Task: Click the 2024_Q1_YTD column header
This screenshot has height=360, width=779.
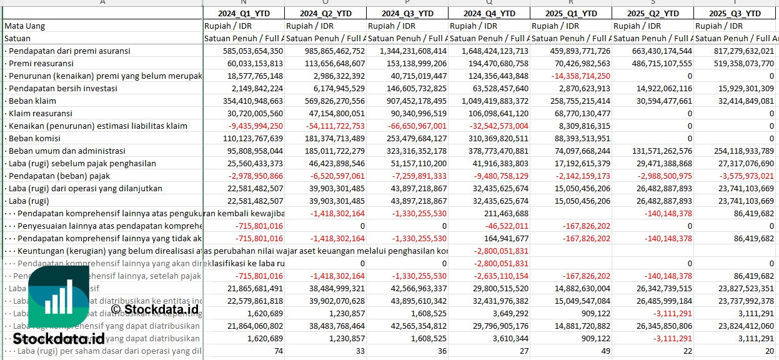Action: (243, 13)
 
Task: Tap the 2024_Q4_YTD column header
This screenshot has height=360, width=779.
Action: (489, 13)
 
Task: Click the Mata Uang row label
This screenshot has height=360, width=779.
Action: (25, 26)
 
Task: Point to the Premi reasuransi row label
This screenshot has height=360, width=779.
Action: (41, 63)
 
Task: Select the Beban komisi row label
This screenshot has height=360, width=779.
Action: (34, 138)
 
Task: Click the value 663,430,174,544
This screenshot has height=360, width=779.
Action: (653, 51)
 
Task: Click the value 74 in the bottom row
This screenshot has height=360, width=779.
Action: (278, 351)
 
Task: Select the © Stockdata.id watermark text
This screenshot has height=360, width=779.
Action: (154, 308)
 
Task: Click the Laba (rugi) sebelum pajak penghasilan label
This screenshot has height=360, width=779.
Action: (81, 163)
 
